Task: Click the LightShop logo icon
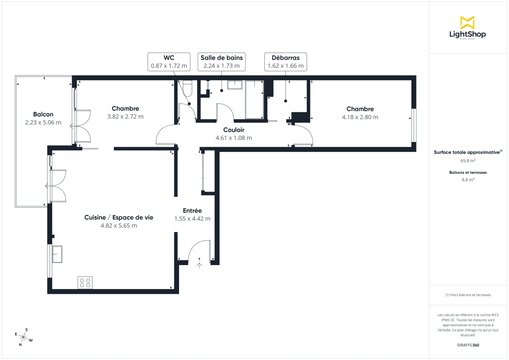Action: pyautogui.click(x=467, y=22)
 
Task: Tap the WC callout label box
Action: pyautogui.click(x=169, y=62)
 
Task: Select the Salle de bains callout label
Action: pyautogui.click(x=221, y=62)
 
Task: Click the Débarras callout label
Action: pyautogui.click(x=285, y=62)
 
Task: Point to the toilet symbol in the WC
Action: pyautogui.click(x=187, y=88)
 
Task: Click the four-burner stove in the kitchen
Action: pyautogui.click(x=85, y=282)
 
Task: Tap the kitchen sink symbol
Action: pyautogui.click(x=57, y=254)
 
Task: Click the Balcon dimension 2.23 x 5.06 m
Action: pyautogui.click(x=43, y=123)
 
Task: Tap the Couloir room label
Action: pyautogui.click(x=234, y=130)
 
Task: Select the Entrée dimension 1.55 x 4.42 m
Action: pyautogui.click(x=192, y=219)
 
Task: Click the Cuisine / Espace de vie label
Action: pyautogui.click(x=119, y=217)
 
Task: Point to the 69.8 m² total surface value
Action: pyautogui.click(x=468, y=161)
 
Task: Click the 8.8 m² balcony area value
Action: pyautogui.click(x=468, y=179)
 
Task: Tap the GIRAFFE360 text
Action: pyautogui.click(x=468, y=345)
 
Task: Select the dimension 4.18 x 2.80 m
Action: pyautogui.click(x=360, y=117)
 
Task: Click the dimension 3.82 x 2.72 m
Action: pyautogui.click(x=125, y=117)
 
